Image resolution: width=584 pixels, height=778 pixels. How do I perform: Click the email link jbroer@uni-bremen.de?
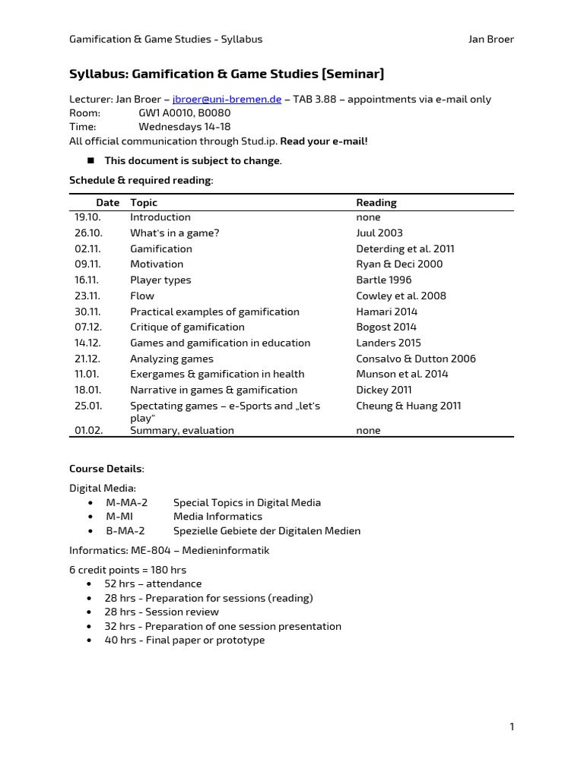(227, 99)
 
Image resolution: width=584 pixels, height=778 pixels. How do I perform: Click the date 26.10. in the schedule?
(87, 233)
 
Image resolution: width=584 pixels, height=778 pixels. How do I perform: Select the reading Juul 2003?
(379, 233)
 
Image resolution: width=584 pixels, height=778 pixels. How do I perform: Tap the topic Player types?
(160, 280)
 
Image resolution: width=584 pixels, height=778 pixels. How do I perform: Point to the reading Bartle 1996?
(383, 280)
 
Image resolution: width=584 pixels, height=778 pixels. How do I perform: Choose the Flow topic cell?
(142, 296)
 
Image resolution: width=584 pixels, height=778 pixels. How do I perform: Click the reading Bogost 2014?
(386, 327)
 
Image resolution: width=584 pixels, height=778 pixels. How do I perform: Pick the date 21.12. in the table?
(87, 359)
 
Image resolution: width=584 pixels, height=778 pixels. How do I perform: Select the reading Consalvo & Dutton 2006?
(416, 359)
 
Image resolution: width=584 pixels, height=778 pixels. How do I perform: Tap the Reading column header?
(376, 203)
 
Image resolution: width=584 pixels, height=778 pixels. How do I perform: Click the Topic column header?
(144, 203)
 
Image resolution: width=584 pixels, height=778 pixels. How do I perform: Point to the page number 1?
(512, 727)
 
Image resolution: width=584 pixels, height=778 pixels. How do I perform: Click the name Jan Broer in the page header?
(491, 40)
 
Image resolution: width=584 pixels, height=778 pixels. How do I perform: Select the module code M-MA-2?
(126, 503)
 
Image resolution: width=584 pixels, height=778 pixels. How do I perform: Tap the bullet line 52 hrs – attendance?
(153, 584)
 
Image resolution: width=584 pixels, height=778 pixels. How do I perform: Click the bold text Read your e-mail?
(324, 141)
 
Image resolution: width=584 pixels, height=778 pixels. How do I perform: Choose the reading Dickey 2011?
(383, 391)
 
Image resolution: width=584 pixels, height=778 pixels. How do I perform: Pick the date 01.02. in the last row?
(87, 431)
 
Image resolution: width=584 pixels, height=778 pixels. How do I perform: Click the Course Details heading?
(106, 469)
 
